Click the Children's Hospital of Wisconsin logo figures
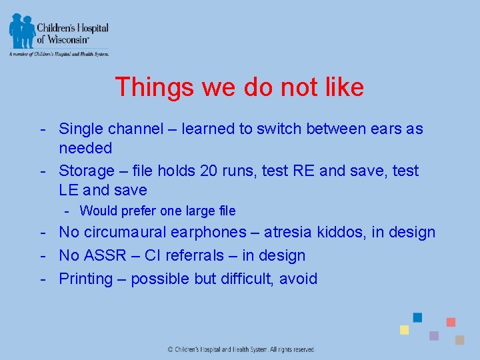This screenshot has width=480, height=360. click(21, 30)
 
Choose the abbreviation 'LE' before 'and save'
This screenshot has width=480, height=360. click(69, 190)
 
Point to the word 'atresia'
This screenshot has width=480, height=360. click(316, 233)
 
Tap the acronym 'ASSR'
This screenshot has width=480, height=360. click(105, 255)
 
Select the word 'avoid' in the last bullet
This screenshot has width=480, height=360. click(298, 279)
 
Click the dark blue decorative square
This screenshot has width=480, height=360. click(418, 317)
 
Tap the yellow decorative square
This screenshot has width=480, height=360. click(404, 330)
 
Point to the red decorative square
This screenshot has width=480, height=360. click(451, 322)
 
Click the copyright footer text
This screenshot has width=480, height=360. click(241, 349)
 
